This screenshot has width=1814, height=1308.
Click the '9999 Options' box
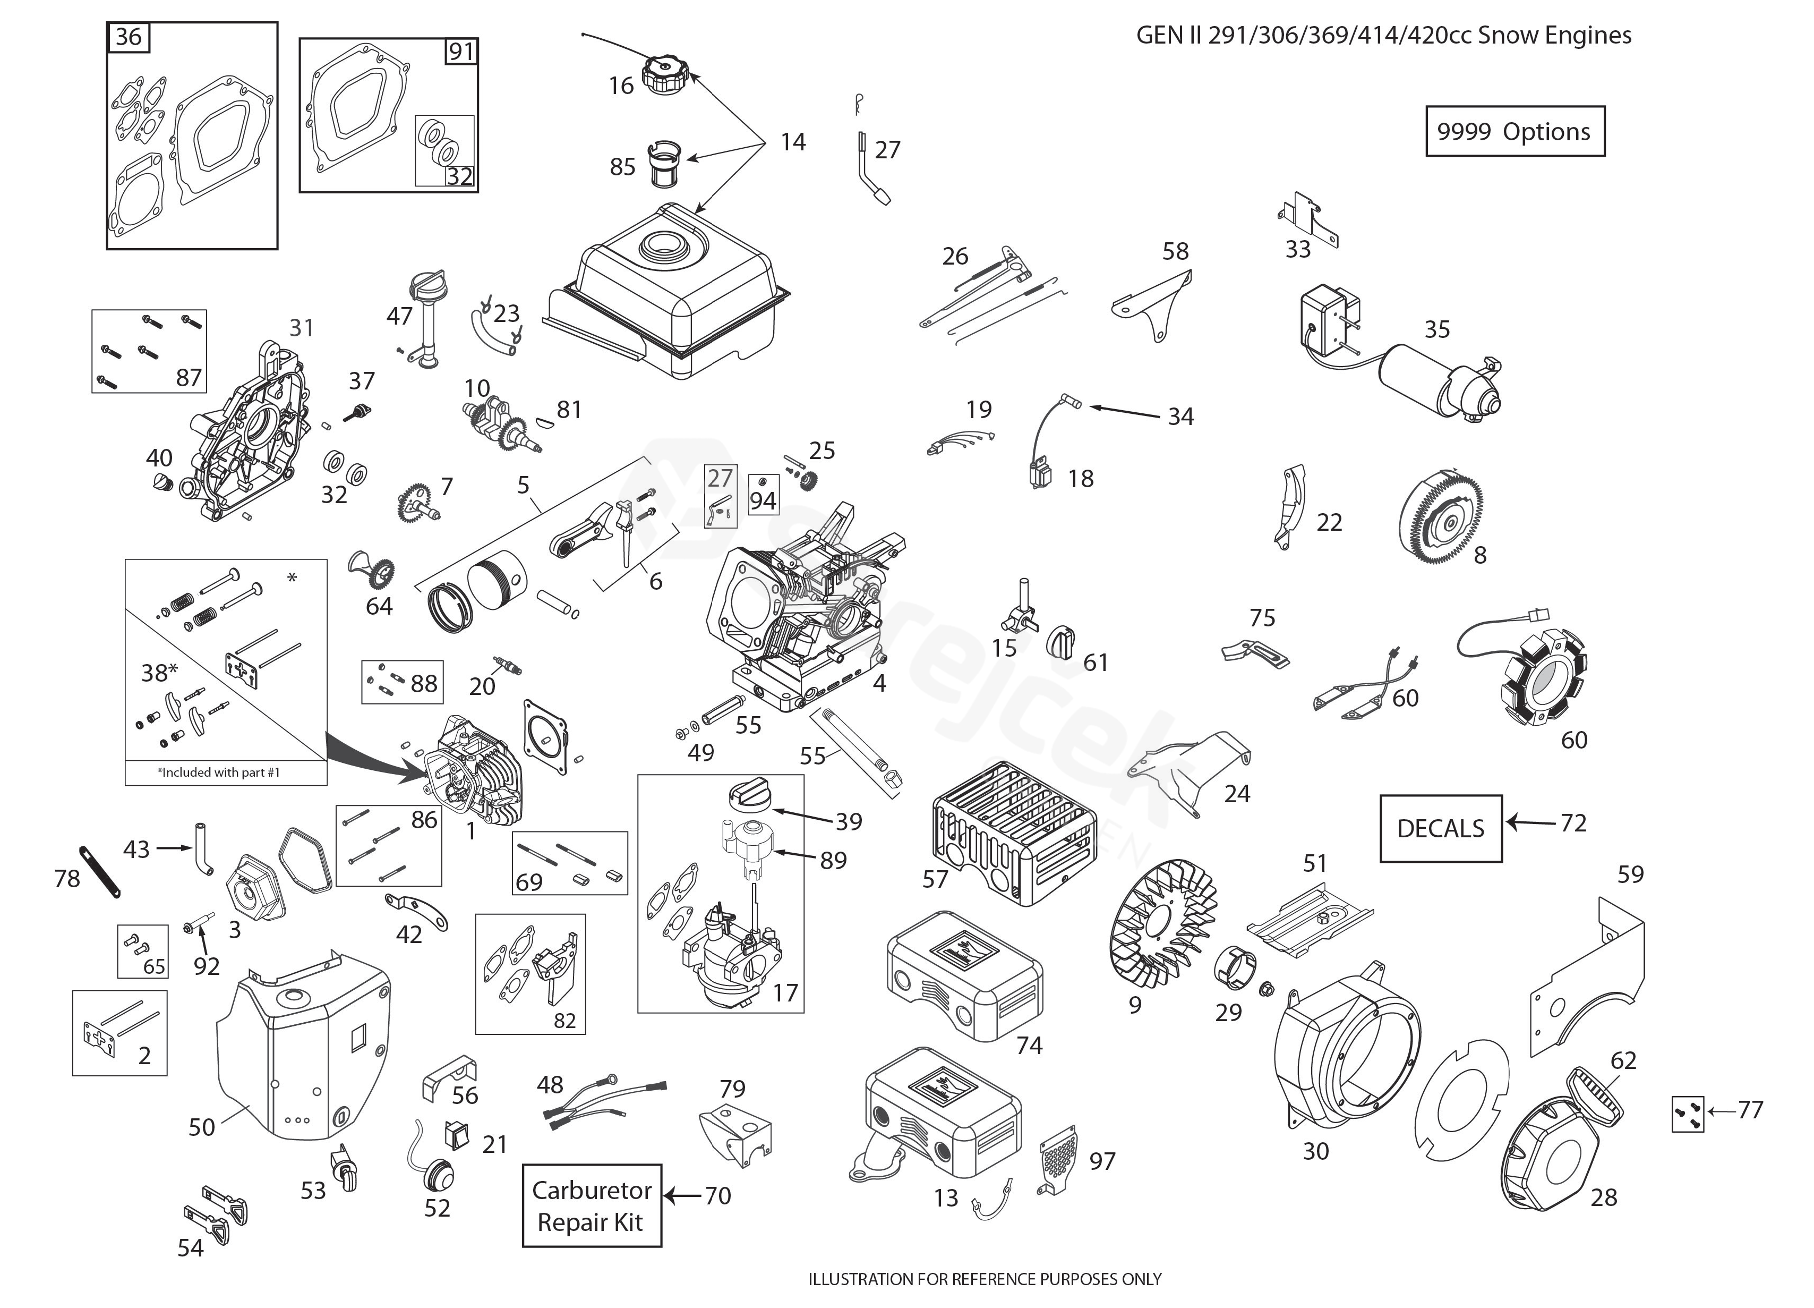point(1514,131)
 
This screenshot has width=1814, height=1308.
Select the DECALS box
point(1441,828)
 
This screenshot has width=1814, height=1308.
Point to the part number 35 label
point(1436,329)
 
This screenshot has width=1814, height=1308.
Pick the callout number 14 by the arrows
point(793,142)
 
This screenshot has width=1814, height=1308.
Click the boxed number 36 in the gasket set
point(129,37)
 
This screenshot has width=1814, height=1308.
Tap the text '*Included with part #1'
point(218,772)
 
